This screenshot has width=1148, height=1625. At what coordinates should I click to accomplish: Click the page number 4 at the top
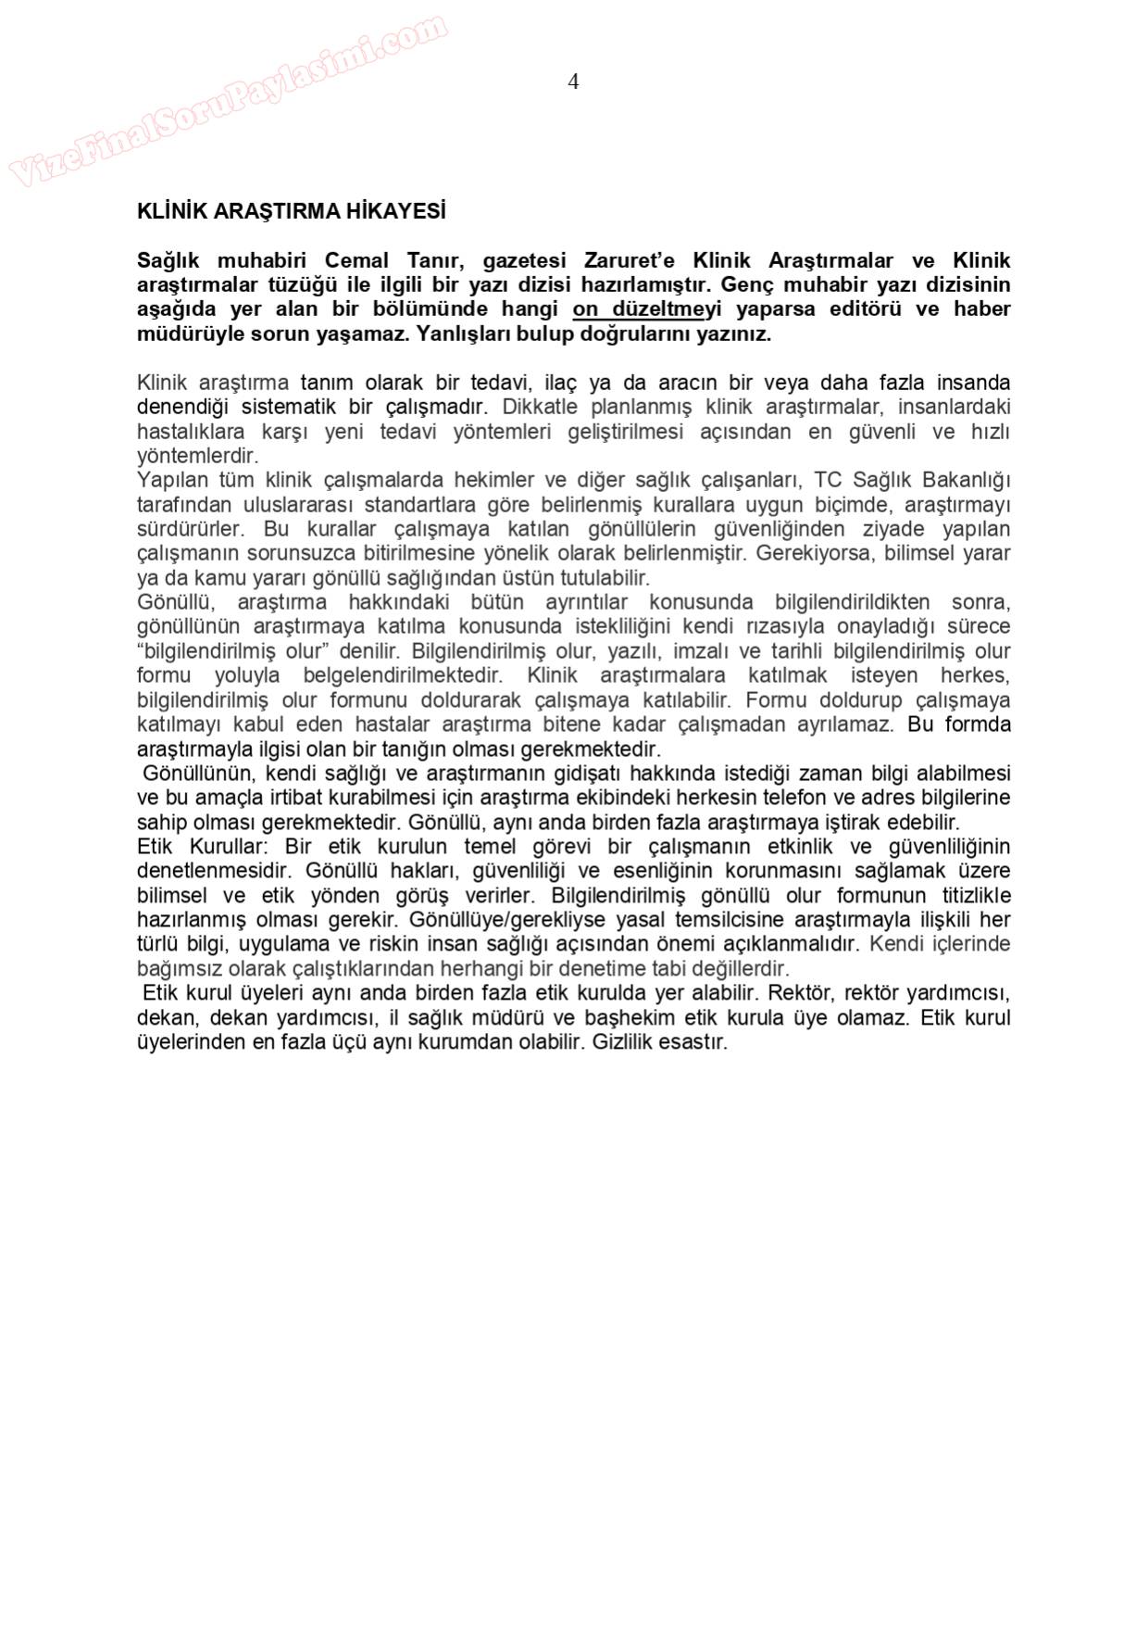pyautogui.click(x=573, y=82)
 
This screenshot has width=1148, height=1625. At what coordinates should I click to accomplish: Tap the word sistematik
pyautogui.click(x=289, y=407)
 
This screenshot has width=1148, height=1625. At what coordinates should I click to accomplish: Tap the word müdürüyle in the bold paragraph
pyautogui.click(x=191, y=334)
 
